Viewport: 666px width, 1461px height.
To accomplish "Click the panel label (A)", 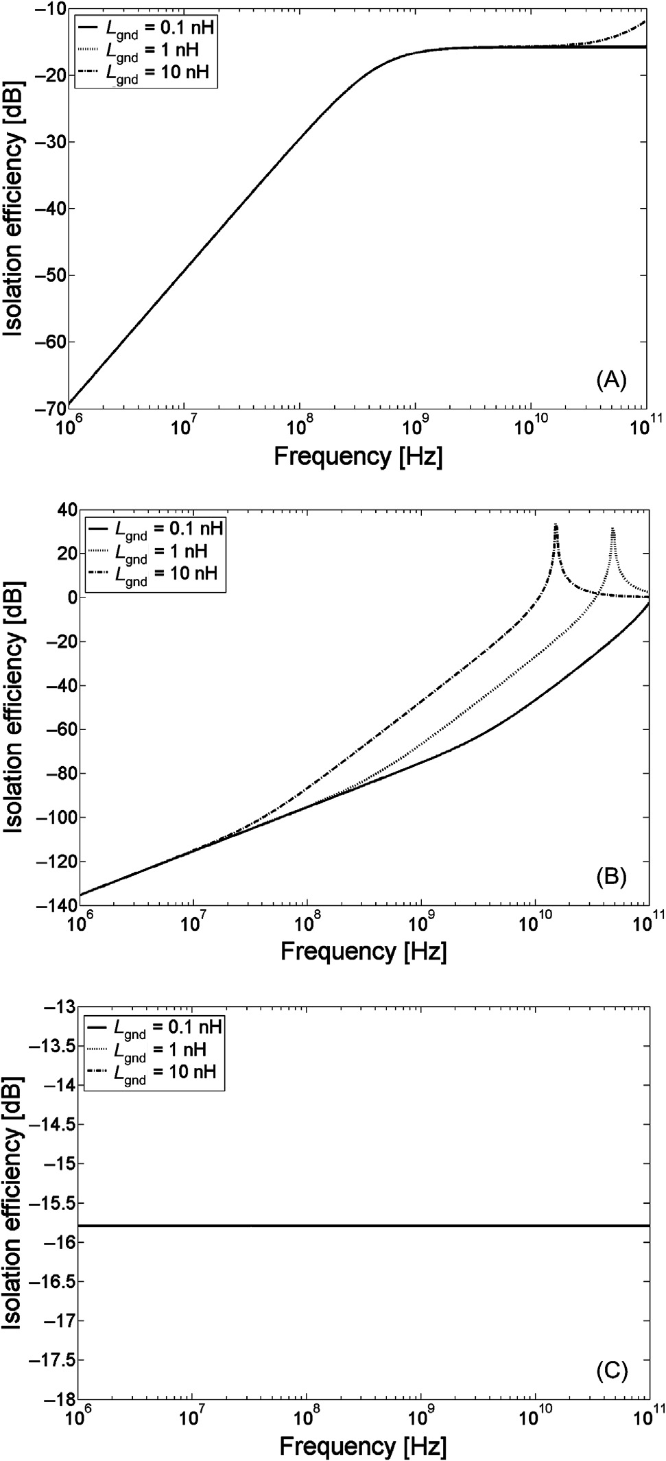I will pyautogui.click(x=612, y=379).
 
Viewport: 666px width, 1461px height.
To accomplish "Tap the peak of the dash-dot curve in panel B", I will pyautogui.click(x=556, y=525).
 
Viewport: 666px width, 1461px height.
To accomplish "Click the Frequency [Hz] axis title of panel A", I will pyautogui.click(x=358, y=456).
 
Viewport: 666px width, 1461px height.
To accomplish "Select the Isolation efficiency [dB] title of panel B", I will pyautogui.click(x=15, y=706).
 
